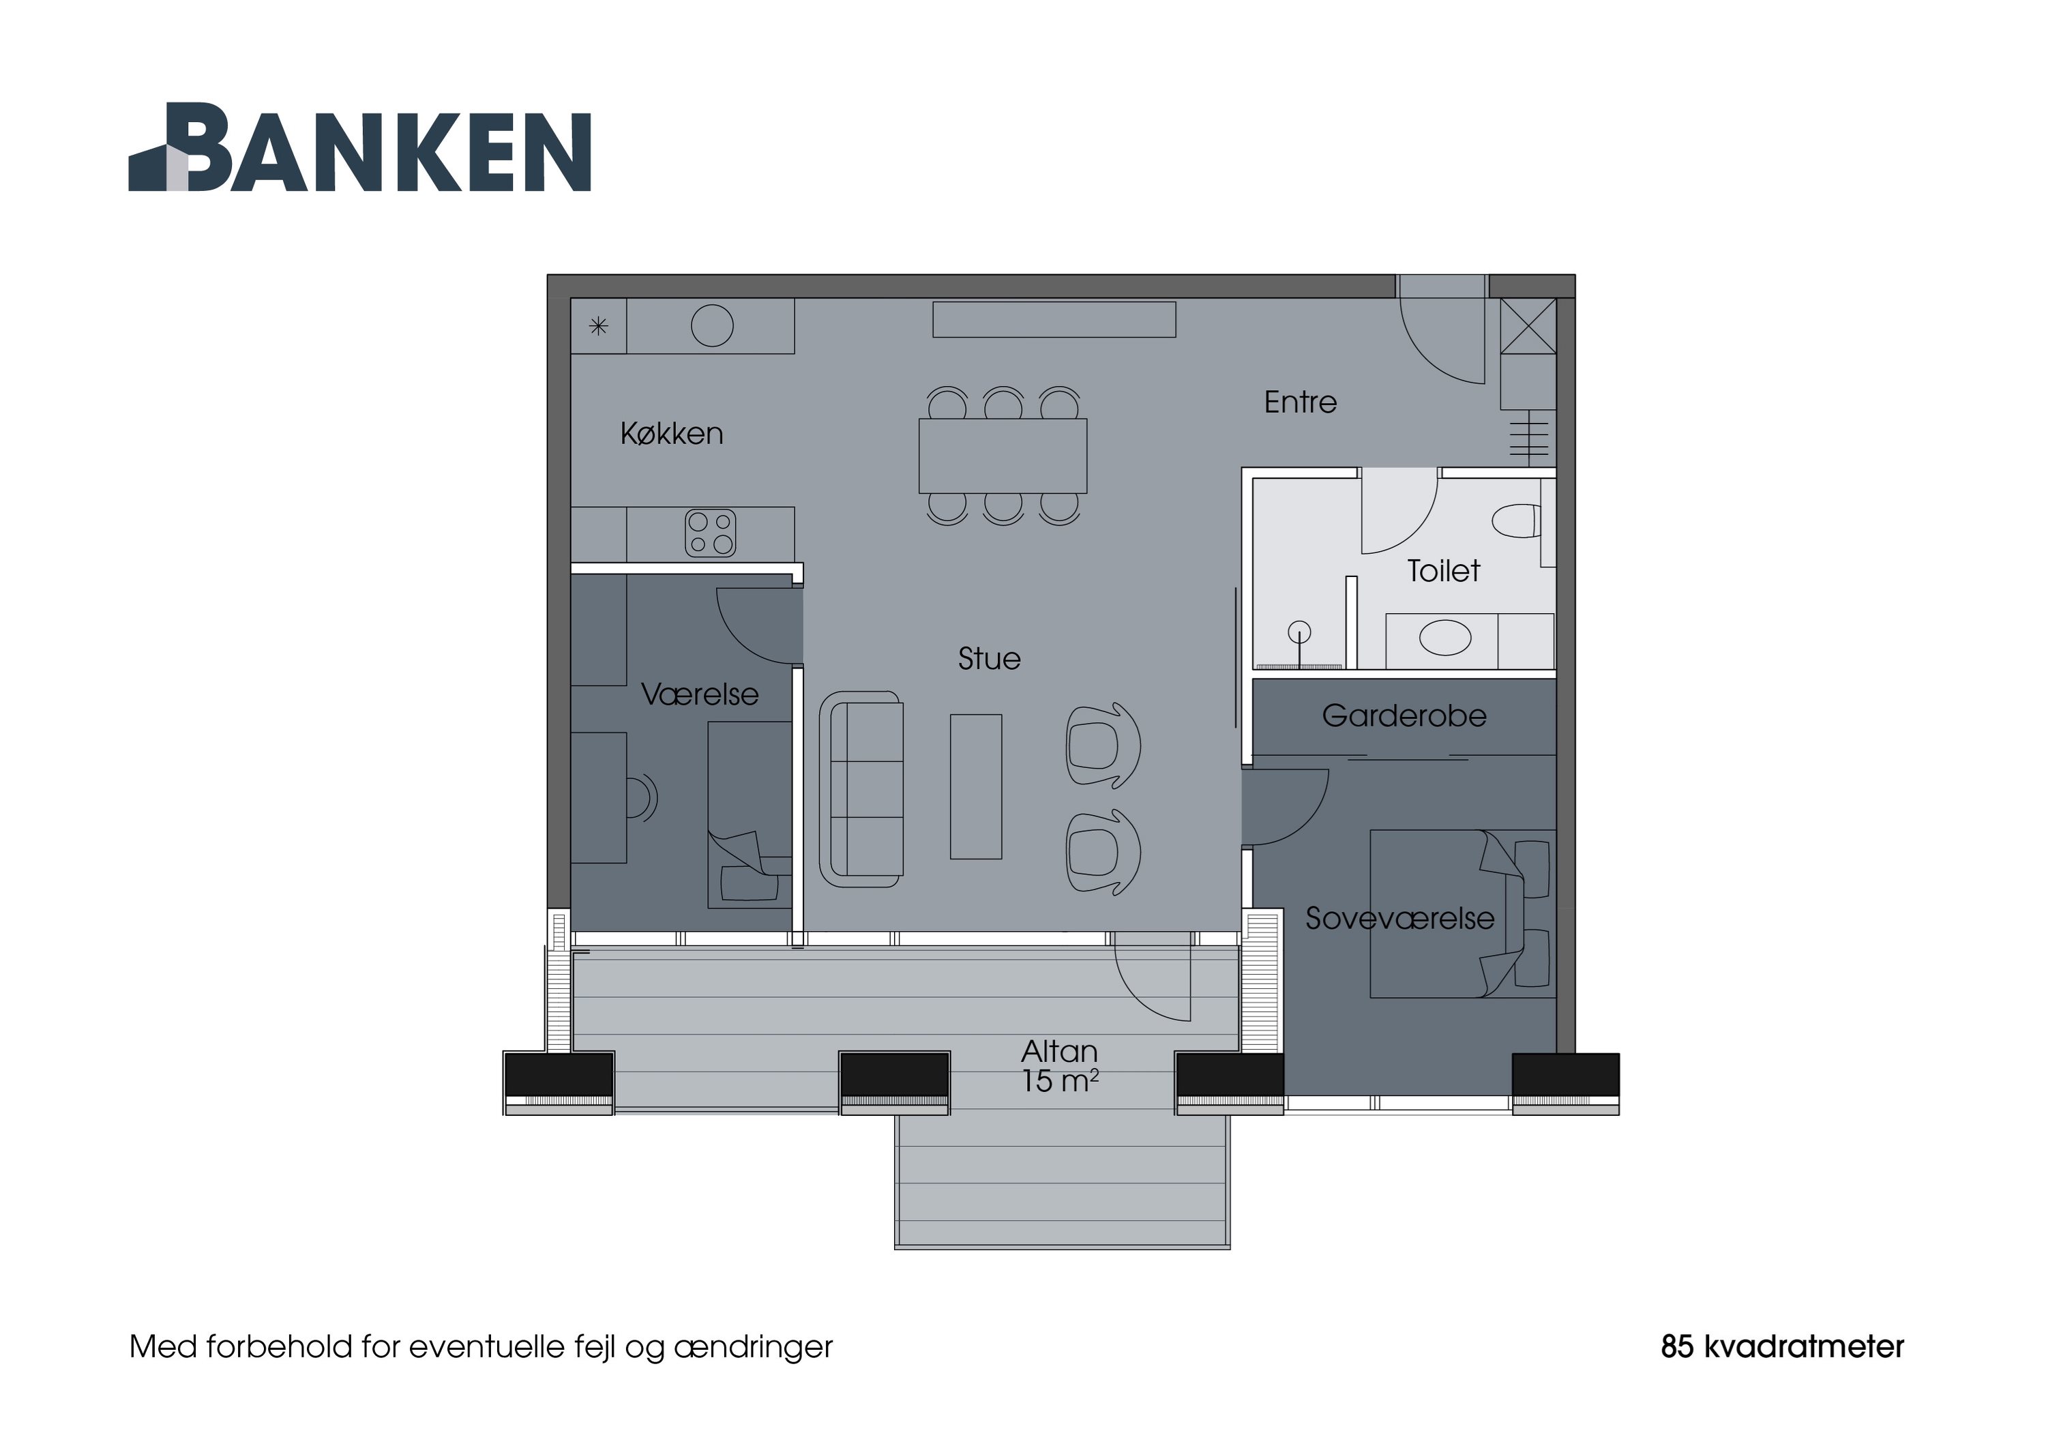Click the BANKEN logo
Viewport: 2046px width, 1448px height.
[x=360, y=148]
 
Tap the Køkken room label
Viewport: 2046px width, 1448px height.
[x=671, y=434]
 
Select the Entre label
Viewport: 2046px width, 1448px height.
[x=1300, y=403]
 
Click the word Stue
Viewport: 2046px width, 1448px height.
[x=989, y=659]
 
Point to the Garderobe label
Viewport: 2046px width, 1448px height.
[x=1404, y=716]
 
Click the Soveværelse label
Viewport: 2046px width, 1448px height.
[x=1399, y=918]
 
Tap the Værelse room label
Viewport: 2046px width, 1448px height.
[x=700, y=694]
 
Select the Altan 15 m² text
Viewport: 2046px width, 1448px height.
[x=1059, y=1066]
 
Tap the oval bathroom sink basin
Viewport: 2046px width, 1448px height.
[x=1444, y=638]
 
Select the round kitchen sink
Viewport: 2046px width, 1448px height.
[x=711, y=325]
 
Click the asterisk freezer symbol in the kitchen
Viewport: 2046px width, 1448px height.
[x=598, y=326]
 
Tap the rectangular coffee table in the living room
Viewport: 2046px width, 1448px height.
[x=975, y=786]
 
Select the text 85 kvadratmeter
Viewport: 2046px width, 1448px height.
[x=1781, y=1346]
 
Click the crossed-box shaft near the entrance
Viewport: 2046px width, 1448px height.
[x=1528, y=326]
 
